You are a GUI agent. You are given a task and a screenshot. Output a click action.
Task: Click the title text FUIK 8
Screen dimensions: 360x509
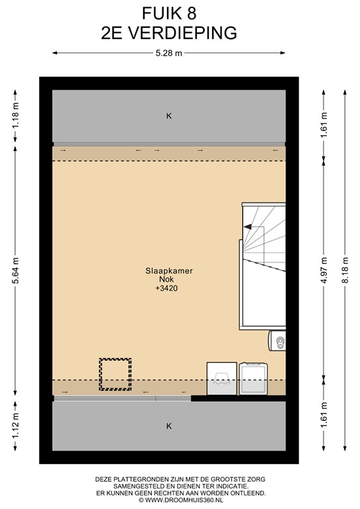169,14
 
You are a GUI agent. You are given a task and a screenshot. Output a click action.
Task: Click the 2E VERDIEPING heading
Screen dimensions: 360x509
169,32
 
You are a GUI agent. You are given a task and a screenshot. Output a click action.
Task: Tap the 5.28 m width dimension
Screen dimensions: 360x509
169,53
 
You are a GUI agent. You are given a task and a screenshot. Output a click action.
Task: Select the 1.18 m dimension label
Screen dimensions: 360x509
16,115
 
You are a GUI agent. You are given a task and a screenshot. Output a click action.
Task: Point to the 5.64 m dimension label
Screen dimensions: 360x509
16,270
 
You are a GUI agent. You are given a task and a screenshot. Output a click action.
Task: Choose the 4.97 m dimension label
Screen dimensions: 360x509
324,270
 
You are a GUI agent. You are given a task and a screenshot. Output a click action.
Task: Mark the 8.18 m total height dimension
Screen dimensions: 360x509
345,270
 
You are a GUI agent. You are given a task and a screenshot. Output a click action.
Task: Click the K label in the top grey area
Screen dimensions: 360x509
169,116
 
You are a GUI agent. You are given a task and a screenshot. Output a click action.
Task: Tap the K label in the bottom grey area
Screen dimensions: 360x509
169,426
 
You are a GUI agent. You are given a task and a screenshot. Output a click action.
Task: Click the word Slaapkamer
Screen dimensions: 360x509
169,270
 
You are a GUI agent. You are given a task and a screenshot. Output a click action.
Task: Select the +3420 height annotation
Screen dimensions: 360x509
166,288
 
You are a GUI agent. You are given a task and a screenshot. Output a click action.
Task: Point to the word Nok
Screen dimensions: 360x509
166,279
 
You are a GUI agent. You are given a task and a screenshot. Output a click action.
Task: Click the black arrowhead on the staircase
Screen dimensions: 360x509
248,227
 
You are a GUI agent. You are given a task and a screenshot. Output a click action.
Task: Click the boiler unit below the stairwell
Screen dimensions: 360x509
277,341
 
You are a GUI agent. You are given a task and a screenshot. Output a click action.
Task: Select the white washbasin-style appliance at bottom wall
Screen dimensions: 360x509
221,378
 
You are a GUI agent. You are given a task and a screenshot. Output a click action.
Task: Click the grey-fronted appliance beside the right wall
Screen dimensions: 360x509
253,379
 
